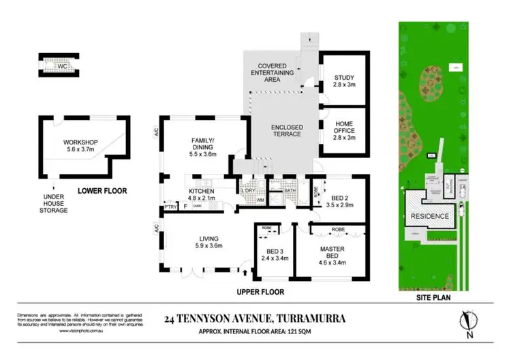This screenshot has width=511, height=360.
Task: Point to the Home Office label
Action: point(344,130)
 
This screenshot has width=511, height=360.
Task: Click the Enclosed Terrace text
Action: point(286,130)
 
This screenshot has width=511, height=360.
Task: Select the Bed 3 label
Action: point(273,254)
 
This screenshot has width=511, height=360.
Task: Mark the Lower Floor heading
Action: point(99,190)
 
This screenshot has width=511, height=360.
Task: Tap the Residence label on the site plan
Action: point(429,216)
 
